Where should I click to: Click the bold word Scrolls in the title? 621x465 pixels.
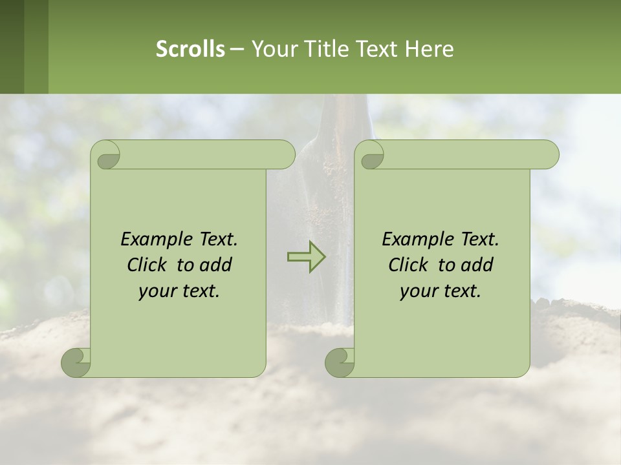tap(190, 49)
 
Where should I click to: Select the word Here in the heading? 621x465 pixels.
tap(429, 49)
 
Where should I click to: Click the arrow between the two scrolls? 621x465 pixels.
tap(306, 256)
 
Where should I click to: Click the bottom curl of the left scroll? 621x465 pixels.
tap(76, 362)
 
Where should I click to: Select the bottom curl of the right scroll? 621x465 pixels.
tap(340, 362)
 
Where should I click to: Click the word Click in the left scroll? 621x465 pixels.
tap(146, 265)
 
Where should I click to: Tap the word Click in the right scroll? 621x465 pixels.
tap(408, 265)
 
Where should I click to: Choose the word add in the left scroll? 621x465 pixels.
tap(217, 265)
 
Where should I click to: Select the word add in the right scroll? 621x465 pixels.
tap(478, 265)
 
